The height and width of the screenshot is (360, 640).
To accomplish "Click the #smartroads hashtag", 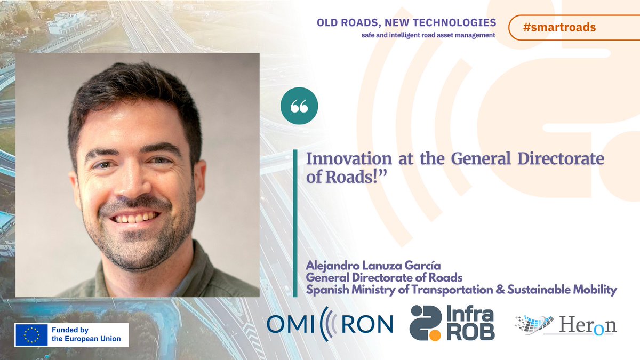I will tap(559, 28).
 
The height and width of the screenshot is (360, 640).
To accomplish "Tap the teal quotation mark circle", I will tap(299, 106).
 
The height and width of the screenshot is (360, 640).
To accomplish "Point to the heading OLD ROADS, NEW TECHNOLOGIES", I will tap(406, 23).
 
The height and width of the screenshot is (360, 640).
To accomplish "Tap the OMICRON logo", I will tap(330, 323).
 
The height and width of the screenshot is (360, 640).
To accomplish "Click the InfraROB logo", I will tap(452, 323).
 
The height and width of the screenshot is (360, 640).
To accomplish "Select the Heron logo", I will tap(565, 325).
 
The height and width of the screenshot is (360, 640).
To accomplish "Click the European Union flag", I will tap(31, 334).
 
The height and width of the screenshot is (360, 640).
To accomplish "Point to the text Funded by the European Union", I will tap(86, 334).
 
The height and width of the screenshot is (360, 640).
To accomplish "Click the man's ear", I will tap(199, 176).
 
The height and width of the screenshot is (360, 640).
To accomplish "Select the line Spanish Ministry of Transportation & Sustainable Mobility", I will tap(461, 290).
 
